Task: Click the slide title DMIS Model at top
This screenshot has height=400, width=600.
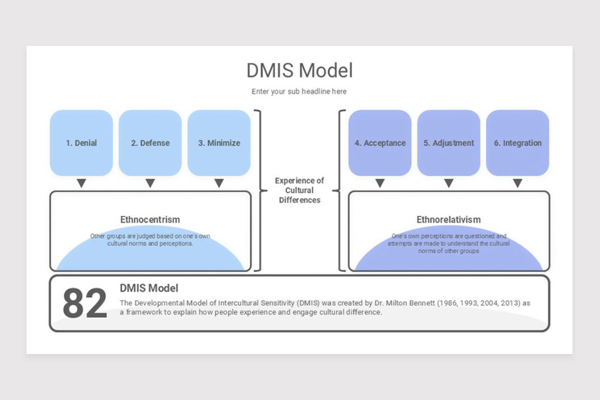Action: (299, 70)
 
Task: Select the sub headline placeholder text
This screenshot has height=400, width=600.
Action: (299, 91)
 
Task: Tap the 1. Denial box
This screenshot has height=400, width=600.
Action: (81, 143)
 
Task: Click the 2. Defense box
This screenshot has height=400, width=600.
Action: (150, 143)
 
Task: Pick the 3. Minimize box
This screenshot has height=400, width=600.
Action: (219, 143)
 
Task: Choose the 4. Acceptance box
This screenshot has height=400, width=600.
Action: (380, 143)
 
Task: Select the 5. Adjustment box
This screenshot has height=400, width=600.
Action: (448, 143)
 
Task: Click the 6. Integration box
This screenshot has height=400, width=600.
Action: (517, 143)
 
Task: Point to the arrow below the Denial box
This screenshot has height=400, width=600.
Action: (81, 183)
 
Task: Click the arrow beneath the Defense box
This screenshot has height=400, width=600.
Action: (150, 183)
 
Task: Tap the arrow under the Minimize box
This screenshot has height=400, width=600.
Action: (219, 183)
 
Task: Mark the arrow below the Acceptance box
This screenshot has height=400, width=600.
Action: (380, 183)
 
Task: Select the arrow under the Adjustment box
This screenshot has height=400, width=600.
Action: (448, 183)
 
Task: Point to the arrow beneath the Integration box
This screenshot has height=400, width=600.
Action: (517, 183)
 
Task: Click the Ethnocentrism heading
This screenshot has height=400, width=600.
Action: (150, 219)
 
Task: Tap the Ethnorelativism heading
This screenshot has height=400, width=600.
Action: (448, 219)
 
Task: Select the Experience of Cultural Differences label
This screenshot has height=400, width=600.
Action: (299, 190)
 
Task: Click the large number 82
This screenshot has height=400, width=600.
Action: (84, 303)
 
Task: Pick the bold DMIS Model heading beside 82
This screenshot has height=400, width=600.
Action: (149, 288)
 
